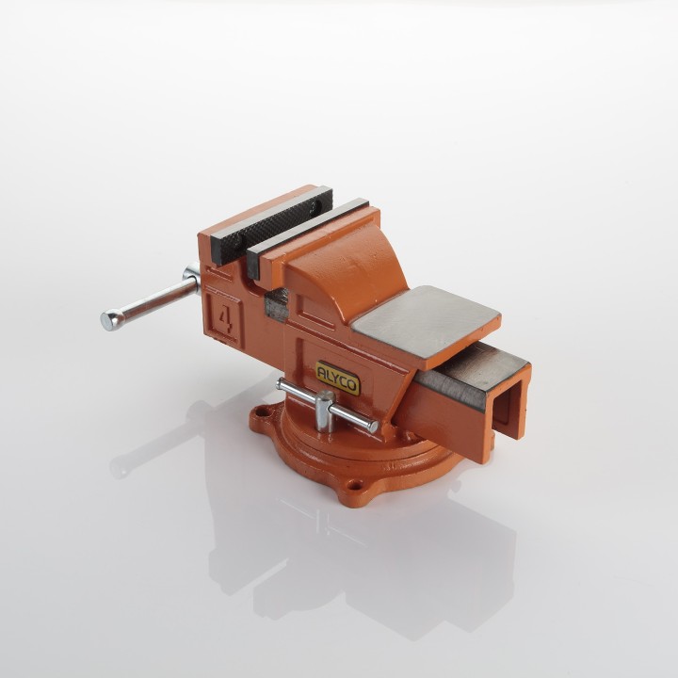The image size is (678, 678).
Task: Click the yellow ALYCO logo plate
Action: pyautogui.click(x=338, y=378)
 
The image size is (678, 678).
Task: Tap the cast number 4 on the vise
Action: pyautogui.click(x=225, y=320)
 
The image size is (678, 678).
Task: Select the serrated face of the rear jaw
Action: pyautogui.click(x=272, y=225)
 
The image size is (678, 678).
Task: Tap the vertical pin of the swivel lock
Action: pyautogui.click(x=325, y=411)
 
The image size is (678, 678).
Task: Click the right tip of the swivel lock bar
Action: pyautogui.click(x=373, y=428)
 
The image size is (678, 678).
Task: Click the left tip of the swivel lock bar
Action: pyautogui.click(x=281, y=382)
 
